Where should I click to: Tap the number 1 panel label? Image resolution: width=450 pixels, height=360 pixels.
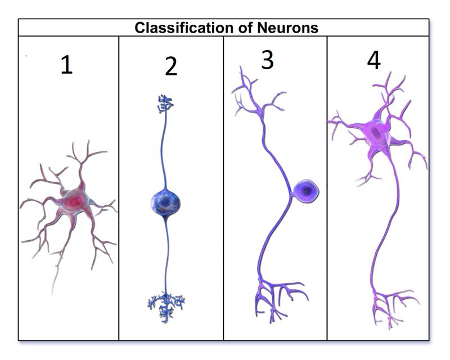(66, 65)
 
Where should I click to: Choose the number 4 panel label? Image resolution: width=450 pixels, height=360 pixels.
(373, 61)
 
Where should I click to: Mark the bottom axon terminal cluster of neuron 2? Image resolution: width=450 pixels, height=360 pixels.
(166, 304)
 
